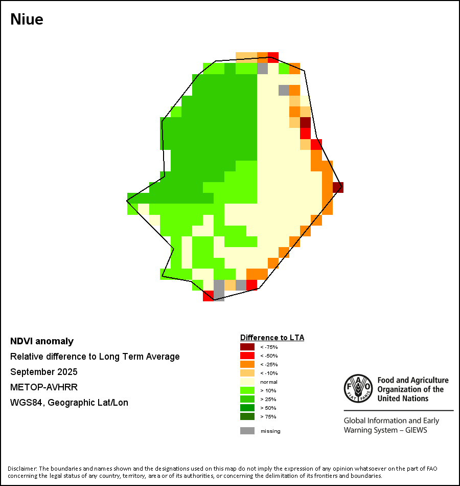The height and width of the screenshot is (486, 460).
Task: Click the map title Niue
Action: coord(27,19)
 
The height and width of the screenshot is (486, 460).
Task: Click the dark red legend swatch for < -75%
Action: coord(247,347)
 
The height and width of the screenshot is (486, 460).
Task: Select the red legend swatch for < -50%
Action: coord(247,356)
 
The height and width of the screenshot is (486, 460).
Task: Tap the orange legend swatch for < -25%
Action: coord(247,364)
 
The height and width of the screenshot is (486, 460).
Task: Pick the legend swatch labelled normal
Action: coord(247,382)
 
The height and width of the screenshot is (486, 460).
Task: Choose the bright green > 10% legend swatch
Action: coord(247,390)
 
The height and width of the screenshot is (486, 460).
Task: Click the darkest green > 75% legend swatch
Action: coord(247,416)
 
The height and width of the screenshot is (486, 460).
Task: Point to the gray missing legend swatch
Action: coord(247,431)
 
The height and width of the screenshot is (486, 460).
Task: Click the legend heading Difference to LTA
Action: coord(272,338)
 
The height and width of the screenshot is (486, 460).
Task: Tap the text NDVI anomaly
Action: coord(42,341)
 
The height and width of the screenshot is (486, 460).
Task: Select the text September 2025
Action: coord(44,372)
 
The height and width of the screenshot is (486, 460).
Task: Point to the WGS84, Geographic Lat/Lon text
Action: coord(69,403)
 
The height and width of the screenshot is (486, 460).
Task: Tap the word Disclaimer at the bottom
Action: coord(22,469)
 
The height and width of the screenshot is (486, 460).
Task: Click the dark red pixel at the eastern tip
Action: coord(338,187)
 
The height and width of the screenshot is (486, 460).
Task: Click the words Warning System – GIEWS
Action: coord(385,430)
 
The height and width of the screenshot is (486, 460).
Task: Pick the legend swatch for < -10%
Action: coord(247,373)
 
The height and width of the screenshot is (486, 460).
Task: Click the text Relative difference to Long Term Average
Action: coord(95,357)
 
